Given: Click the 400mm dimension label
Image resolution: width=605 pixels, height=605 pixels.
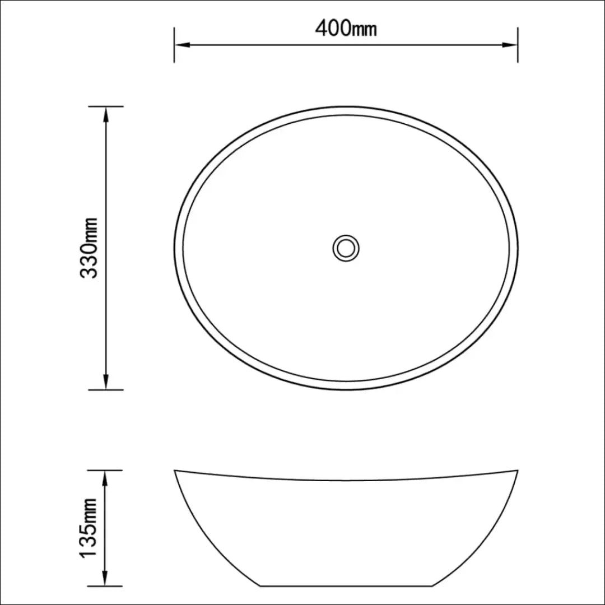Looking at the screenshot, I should (346, 27).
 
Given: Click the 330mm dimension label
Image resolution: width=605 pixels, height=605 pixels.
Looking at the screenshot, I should (90, 248).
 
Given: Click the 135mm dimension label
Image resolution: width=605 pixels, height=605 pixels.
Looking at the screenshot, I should (90, 528).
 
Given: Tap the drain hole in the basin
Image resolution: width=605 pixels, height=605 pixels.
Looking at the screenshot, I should (346, 247).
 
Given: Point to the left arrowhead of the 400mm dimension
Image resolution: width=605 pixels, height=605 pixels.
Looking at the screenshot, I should (180, 44).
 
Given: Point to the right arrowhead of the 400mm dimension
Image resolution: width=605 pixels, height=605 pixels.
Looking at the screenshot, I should (511, 44).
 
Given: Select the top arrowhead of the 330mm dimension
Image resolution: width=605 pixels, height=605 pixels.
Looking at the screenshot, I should (106, 113).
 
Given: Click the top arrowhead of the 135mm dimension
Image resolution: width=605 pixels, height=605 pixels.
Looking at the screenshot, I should (106, 477).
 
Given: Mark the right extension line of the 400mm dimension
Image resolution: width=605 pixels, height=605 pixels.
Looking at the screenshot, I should (518, 44).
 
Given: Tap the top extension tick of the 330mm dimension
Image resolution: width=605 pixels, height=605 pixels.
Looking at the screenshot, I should (106, 106).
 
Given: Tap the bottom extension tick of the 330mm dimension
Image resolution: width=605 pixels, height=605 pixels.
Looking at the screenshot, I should (106, 389).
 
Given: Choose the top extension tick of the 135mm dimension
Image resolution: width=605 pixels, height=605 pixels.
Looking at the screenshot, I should (106, 470).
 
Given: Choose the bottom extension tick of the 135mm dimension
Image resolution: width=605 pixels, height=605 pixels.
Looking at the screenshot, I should (106, 585).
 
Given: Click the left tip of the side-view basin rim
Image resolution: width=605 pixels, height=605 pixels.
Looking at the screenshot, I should (175, 471).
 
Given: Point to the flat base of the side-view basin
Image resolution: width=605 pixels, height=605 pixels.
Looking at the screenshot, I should (346, 585).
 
